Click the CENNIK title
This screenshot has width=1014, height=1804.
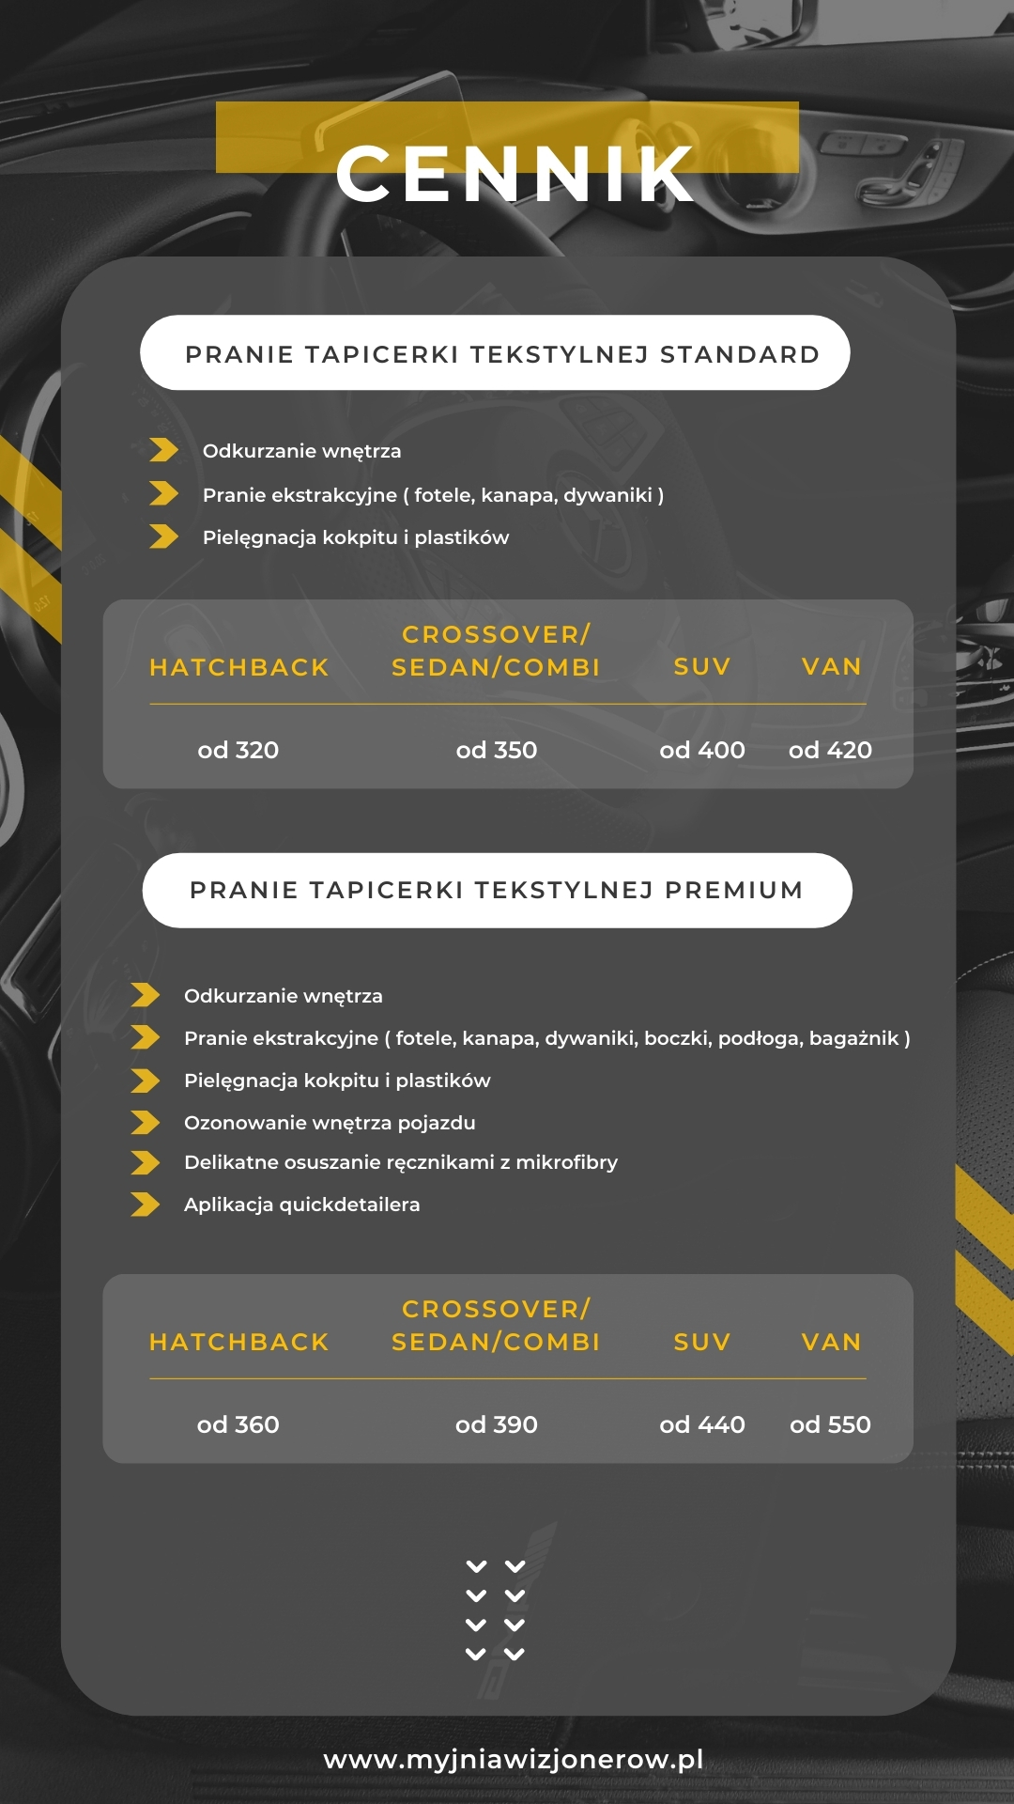click(515, 174)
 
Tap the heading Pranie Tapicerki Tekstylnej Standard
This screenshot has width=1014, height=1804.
click(502, 354)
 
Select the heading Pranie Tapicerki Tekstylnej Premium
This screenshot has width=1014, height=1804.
click(497, 890)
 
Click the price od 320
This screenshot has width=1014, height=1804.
click(238, 750)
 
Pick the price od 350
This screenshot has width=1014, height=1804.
click(497, 750)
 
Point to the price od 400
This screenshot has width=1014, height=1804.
click(702, 750)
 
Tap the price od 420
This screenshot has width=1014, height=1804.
click(831, 750)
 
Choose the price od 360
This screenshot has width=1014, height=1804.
click(238, 1424)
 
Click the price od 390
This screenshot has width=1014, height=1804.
click(497, 1424)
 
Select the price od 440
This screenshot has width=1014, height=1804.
click(702, 1424)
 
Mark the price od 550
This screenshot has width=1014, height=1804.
click(831, 1424)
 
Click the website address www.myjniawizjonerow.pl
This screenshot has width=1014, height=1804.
click(514, 1759)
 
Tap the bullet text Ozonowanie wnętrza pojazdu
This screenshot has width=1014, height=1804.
click(330, 1123)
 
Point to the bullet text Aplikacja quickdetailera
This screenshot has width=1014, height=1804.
click(302, 1205)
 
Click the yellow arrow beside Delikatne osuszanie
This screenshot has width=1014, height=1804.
click(146, 1163)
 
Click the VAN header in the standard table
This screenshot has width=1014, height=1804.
click(832, 666)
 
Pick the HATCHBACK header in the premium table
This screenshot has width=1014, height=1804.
click(239, 1342)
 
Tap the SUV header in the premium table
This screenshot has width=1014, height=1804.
click(702, 1342)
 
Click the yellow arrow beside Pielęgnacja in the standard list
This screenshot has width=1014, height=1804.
click(163, 537)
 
